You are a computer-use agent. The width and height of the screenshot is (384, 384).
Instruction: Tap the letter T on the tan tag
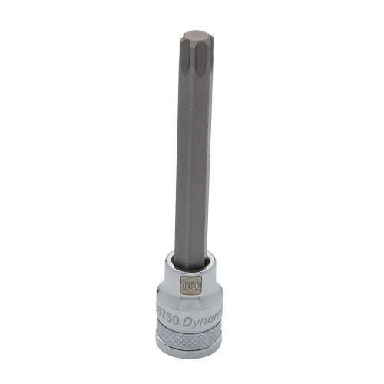click(x=184, y=284)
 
